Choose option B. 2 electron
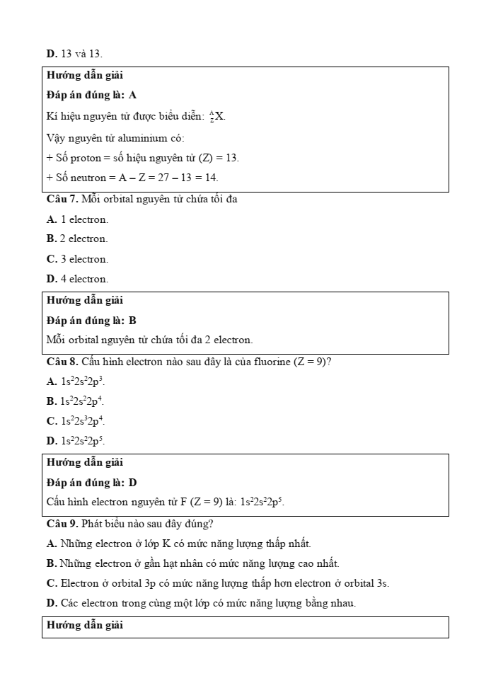tap(77, 239)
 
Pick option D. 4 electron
tap(77, 279)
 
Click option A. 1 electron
tap(77, 219)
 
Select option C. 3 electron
tap(77, 259)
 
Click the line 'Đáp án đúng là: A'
tap(91, 95)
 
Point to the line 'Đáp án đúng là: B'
tap(91, 321)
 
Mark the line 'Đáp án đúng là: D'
tap(91, 483)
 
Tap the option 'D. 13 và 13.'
tap(74, 53)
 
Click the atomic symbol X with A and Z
tap(216, 116)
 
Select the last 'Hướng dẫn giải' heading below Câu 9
tap(85, 625)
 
